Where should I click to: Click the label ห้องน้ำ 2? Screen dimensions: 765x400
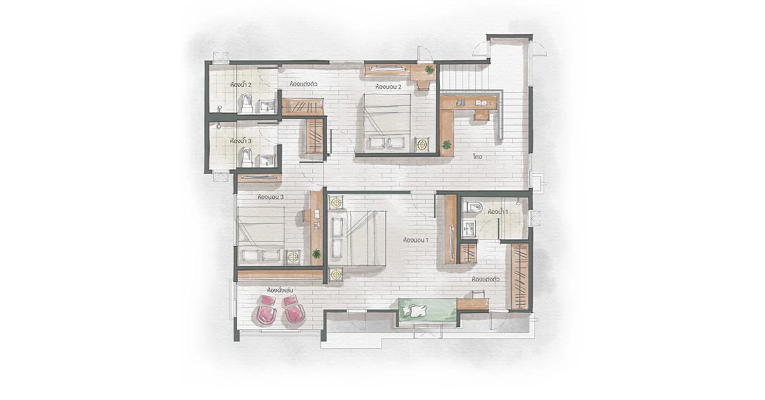pyautogui.click(x=241, y=84)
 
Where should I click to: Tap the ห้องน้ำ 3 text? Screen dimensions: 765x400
pyautogui.click(x=241, y=141)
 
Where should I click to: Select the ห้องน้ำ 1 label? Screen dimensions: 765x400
pyautogui.click(x=498, y=211)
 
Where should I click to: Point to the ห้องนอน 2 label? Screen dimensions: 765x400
pyautogui.click(x=388, y=87)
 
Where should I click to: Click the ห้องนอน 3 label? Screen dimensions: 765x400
pyautogui.click(x=270, y=197)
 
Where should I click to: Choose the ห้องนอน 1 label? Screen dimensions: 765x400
pyautogui.click(x=416, y=240)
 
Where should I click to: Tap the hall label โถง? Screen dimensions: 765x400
pyautogui.click(x=477, y=156)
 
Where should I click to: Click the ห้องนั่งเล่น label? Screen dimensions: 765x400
pyautogui.click(x=280, y=290)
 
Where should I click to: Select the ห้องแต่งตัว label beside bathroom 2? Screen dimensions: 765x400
pyautogui.click(x=303, y=84)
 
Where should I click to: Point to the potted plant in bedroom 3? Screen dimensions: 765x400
pyautogui.click(x=317, y=254)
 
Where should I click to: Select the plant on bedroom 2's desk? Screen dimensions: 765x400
pyautogui.click(x=429, y=70)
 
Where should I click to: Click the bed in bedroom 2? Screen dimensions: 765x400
pyautogui.click(x=387, y=122)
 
